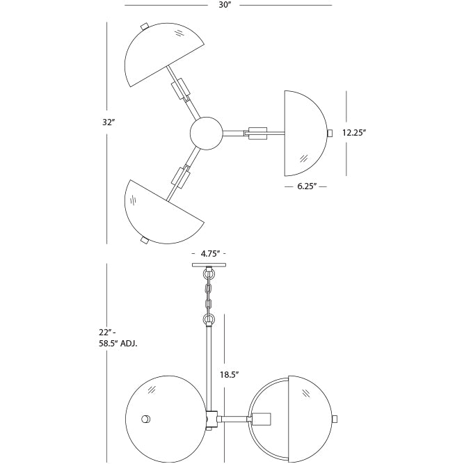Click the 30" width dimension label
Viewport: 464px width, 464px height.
224,5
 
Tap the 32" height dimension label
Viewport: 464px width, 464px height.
108,122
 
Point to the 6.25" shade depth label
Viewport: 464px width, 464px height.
306,186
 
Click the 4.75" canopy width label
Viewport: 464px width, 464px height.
209,254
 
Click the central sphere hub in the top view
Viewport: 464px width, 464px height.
207,134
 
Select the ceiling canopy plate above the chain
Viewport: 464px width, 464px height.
209,264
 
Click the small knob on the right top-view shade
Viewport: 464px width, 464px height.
330,133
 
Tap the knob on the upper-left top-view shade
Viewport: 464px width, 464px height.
145,26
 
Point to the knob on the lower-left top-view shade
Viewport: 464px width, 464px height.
145,240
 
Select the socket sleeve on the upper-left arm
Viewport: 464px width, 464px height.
181,88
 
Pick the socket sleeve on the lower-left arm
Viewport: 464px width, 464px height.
181,177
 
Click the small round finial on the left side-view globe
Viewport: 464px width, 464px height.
145,419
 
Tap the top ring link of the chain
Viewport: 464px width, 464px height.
208,273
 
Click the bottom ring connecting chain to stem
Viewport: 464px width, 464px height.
208,321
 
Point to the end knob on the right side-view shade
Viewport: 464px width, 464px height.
335,419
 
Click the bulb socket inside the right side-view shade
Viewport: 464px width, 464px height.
262,419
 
